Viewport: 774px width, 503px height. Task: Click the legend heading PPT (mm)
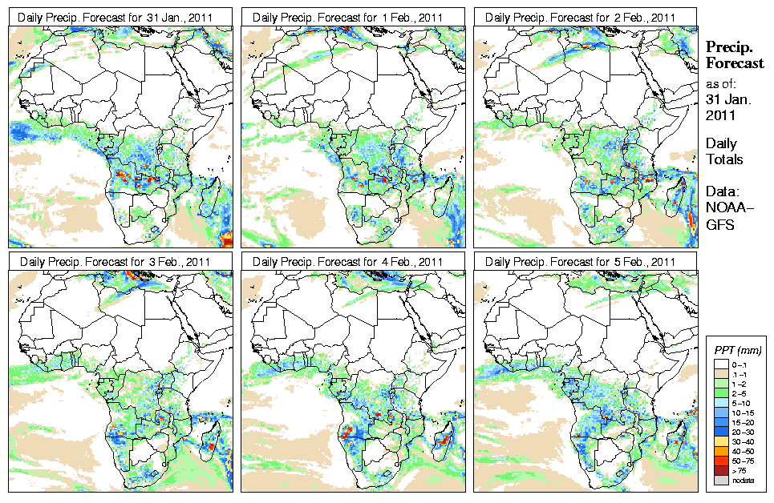[x=737, y=350]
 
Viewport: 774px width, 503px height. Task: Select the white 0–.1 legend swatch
[x=721, y=364]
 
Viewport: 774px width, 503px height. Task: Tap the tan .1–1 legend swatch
[x=721, y=374]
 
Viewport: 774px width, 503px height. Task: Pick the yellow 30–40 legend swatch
[x=721, y=441]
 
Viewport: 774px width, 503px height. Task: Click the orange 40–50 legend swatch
[x=721, y=450]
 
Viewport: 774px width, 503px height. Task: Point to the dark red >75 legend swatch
[x=721, y=469]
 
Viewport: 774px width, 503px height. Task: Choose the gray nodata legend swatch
[x=721, y=479]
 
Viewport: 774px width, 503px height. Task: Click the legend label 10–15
[x=743, y=412]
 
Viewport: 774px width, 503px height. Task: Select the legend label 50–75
[x=743, y=461]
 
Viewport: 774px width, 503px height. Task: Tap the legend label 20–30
[x=743, y=432]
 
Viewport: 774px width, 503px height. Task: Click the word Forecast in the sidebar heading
[x=735, y=64]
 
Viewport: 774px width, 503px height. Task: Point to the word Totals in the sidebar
[x=724, y=159]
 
